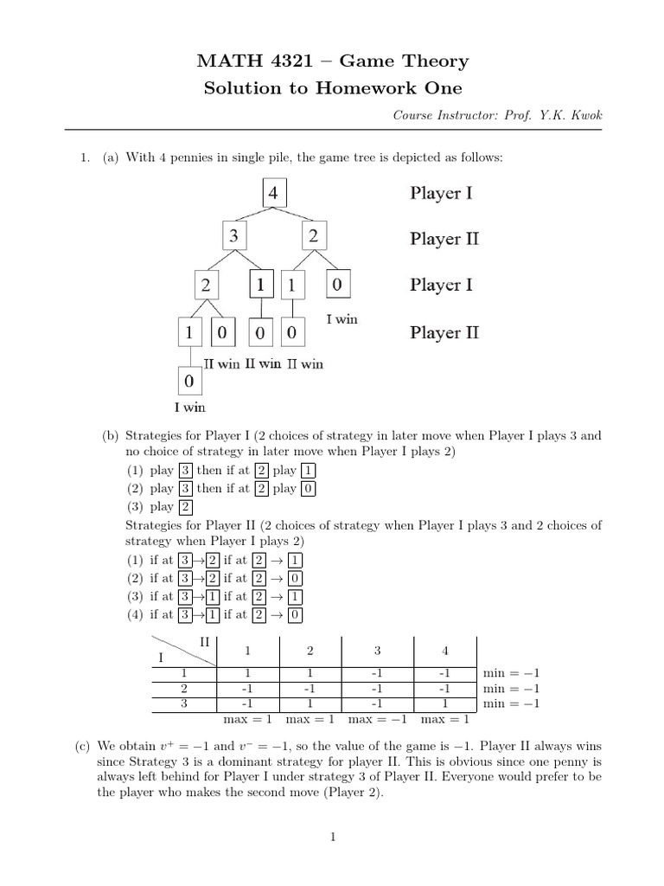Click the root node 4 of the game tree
point(273,193)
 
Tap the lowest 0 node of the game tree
point(189,381)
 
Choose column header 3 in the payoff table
point(377,650)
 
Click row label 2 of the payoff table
point(183,688)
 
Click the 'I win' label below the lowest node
point(189,406)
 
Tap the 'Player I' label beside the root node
point(440,193)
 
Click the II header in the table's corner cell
point(205,641)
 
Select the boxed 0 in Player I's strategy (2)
point(309,489)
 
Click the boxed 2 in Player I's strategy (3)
point(186,507)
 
